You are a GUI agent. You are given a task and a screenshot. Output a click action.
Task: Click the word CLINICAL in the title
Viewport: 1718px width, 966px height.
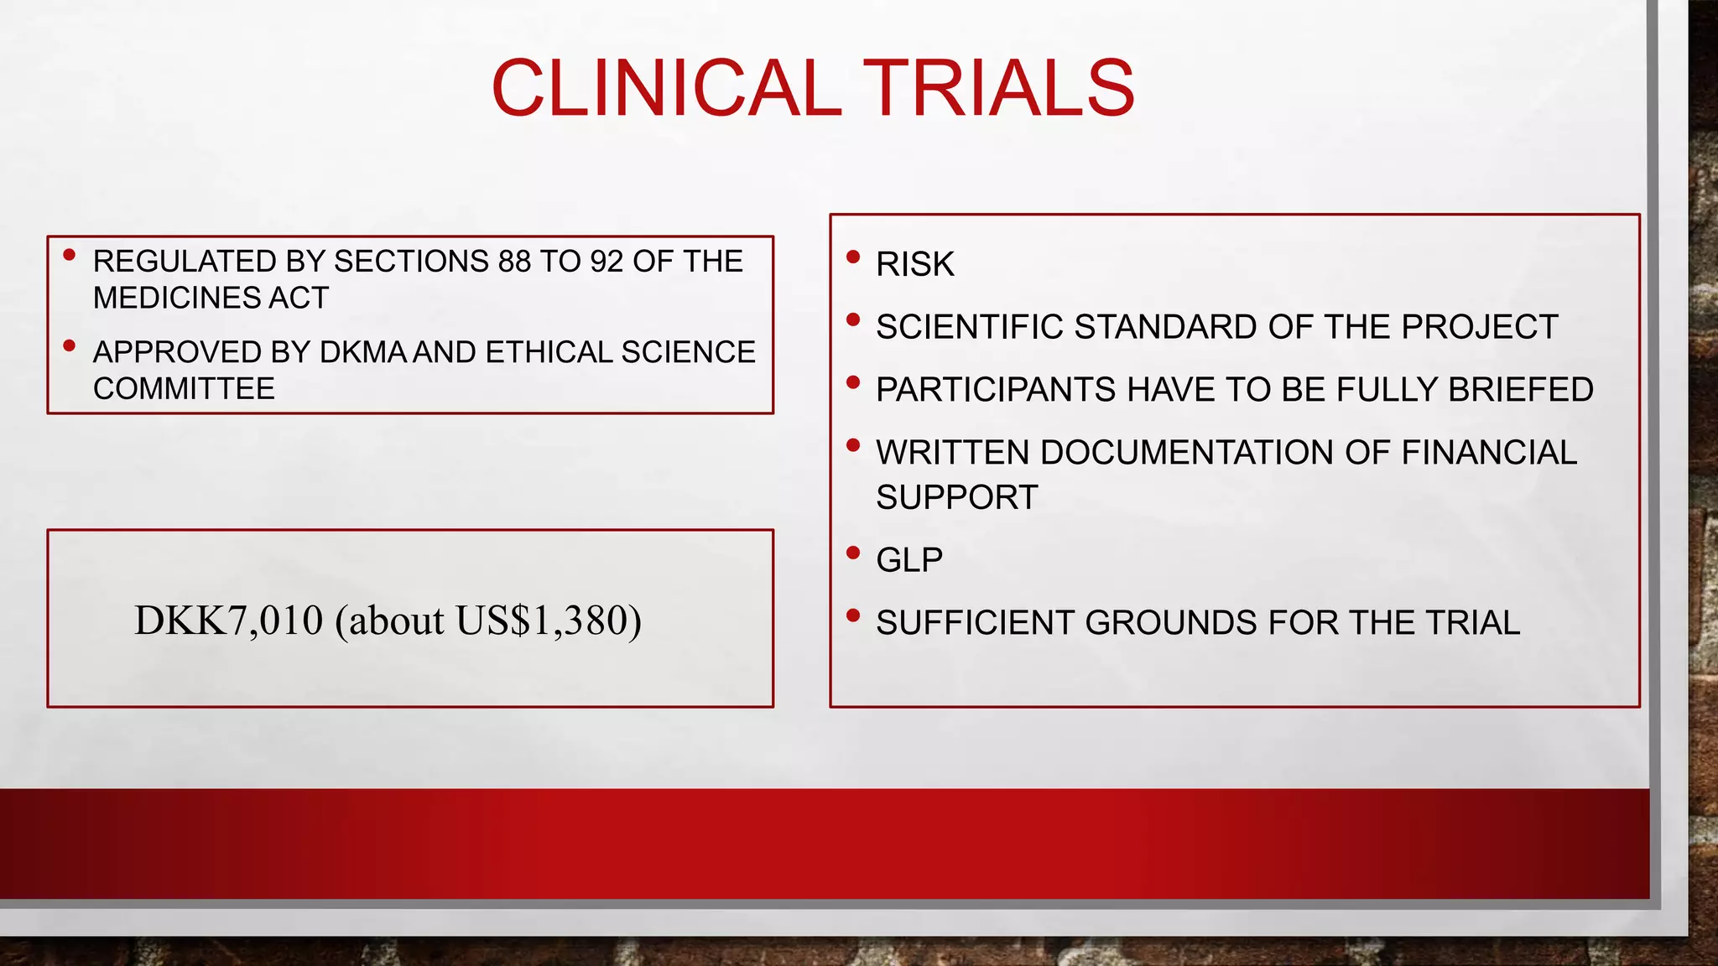point(667,88)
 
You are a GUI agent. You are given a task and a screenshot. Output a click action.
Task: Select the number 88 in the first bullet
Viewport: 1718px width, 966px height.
point(514,262)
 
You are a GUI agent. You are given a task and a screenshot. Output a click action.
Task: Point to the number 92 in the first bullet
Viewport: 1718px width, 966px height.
point(607,262)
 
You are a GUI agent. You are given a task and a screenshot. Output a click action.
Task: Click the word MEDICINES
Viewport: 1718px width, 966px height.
point(176,298)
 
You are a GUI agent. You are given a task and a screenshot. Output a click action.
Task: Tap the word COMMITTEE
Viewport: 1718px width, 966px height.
point(184,389)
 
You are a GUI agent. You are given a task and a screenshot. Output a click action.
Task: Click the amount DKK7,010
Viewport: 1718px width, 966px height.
point(228,621)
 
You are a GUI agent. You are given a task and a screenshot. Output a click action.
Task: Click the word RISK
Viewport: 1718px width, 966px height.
point(914,265)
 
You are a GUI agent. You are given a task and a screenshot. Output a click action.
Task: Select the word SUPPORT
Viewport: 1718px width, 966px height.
point(956,498)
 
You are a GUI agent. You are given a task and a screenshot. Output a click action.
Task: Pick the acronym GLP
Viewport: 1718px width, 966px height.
point(909,560)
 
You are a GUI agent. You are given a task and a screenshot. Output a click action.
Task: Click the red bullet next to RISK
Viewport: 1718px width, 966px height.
point(853,257)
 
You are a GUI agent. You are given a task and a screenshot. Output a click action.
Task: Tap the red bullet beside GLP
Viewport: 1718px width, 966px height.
point(853,553)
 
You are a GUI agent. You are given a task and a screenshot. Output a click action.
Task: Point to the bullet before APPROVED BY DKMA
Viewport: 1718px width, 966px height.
point(70,345)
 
